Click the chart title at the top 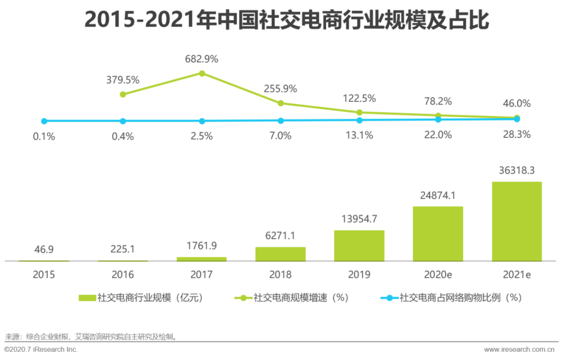coord(287,20)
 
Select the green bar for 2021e coord(517,222)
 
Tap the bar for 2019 coord(359,246)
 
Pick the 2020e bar coord(438,234)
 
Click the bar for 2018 coord(280,254)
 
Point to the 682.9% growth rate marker coord(202,73)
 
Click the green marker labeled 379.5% coord(123,95)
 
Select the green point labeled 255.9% coord(280,103)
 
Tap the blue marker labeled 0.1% coord(44,121)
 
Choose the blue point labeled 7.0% coord(280,121)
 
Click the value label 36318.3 coord(517,170)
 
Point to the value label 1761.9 coord(201,246)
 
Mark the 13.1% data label coord(359,135)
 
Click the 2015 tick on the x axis coord(44,275)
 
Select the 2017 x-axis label coord(201,275)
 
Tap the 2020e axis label coord(438,275)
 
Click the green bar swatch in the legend coord(87,298)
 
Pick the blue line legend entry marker coord(389,298)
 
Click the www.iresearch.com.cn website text coord(519,349)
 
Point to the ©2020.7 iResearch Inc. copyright coord(41,349)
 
